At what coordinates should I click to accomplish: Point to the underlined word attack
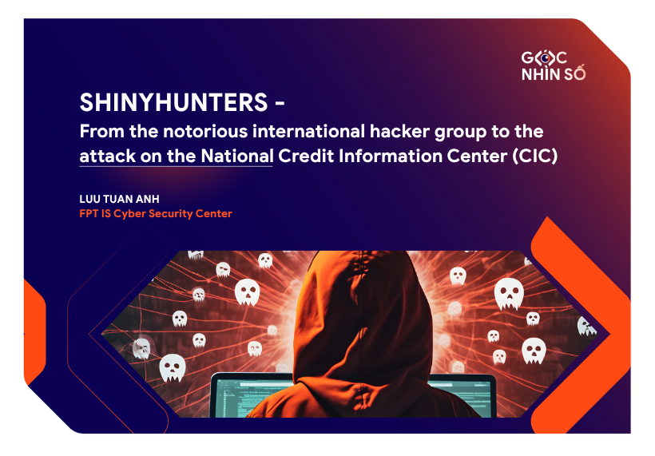click(104, 156)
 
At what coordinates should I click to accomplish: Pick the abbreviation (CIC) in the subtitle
click(534, 156)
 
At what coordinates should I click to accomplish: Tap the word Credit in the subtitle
click(304, 156)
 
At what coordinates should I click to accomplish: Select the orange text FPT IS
click(96, 213)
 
